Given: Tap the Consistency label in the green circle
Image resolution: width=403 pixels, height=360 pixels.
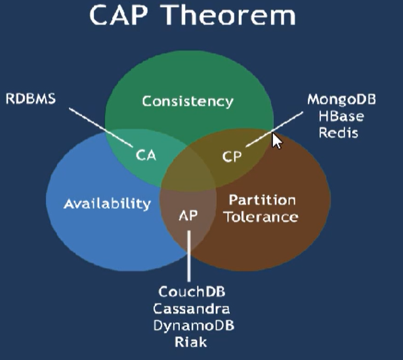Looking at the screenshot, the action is coord(188,101).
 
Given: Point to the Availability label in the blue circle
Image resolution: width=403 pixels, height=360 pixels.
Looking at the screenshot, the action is coord(107,204).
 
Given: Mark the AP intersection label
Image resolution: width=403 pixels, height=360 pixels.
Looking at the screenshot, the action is coord(188,215).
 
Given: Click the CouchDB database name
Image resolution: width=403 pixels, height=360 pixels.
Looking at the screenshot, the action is coord(189,292).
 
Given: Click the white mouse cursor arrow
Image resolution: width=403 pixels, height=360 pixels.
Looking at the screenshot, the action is coord(276,141).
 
